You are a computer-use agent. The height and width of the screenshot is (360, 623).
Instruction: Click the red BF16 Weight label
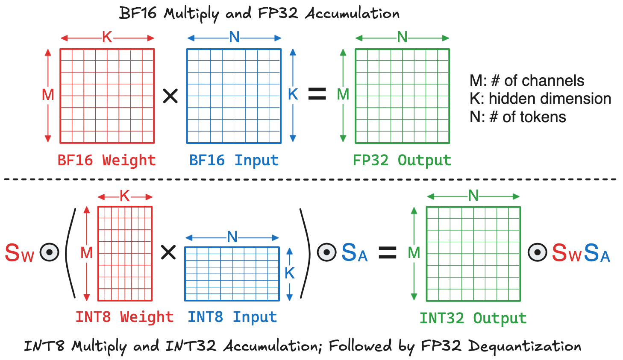pyautogui.click(x=106, y=160)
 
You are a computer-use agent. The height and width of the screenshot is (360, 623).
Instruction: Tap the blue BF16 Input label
pyautogui.click(x=234, y=160)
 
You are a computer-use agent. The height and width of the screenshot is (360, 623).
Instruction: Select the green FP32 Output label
pyautogui.click(x=402, y=160)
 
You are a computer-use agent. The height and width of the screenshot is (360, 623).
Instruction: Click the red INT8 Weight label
pyautogui.click(x=124, y=317)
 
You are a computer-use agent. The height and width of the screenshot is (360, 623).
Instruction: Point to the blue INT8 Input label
pyautogui.click(x=232, y=317)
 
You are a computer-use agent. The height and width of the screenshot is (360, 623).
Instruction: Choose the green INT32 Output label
pyautogui.click(x=473, y=318)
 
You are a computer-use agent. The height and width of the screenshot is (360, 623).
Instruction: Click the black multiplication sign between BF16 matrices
pyautogui.click(x=170, y=96)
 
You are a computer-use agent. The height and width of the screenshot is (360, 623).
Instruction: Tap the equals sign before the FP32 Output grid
pyautogui.click(x=317, y=94)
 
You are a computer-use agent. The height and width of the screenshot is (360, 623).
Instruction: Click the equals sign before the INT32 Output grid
pyautogui.click(x=388, y=252)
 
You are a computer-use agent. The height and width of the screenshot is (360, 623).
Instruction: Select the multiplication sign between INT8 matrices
pyautogui.click(x=168, y=252)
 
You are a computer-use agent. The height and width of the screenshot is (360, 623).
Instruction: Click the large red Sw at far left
pyautogui.click(x=19, y=253)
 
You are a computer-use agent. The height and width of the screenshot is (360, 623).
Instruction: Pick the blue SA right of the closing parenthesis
pyautogui.click(x=354, y=253)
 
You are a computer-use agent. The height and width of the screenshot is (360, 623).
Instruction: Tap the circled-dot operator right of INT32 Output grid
pyautogui.click(x=537, y=252)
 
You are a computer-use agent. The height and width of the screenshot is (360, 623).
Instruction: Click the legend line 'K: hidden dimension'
pyautogui.click(x=540, y=99)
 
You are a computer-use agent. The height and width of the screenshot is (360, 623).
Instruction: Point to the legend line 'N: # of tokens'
pyautogui.click(x=517, y=117)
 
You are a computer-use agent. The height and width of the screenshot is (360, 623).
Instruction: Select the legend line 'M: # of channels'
pyautogui.click(x=526, y=81)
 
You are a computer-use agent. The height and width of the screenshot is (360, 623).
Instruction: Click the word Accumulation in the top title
pyautogui.click(x=352, y=14)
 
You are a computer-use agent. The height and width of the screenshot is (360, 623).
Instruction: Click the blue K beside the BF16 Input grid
pyautogui.click(x=293, y=94)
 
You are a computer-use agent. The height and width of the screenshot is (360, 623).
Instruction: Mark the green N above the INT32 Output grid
pyautogui.click(x=473, y=196)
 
